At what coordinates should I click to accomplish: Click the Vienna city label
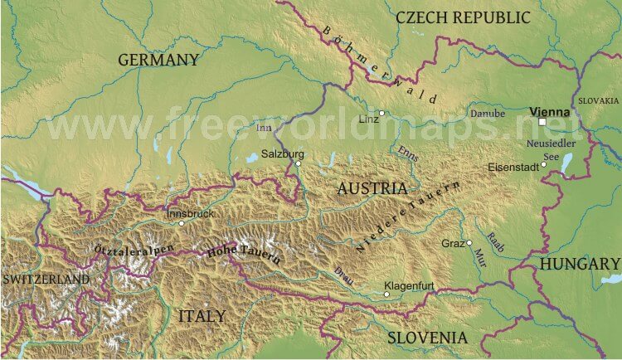(549, 111)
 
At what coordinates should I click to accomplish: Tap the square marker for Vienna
(542, 122)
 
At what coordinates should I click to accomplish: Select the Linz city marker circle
(381, 113)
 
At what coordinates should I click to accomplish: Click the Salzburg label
(283, 153)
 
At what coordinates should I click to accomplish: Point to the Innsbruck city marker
(182, 223)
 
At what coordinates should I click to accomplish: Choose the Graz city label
(453, 243)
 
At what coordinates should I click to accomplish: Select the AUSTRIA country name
(372, 189)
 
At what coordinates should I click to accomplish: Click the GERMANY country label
(158, 60)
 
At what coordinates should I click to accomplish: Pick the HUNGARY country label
(580, 264)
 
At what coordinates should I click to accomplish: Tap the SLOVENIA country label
(427, 338)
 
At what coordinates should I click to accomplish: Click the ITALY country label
(201, 316)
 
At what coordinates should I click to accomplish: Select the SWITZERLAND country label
(46, 280)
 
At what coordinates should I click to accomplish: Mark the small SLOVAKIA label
(599, 100)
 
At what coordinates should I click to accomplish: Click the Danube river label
(488, 113)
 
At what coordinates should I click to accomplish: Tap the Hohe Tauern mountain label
(244, 251)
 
